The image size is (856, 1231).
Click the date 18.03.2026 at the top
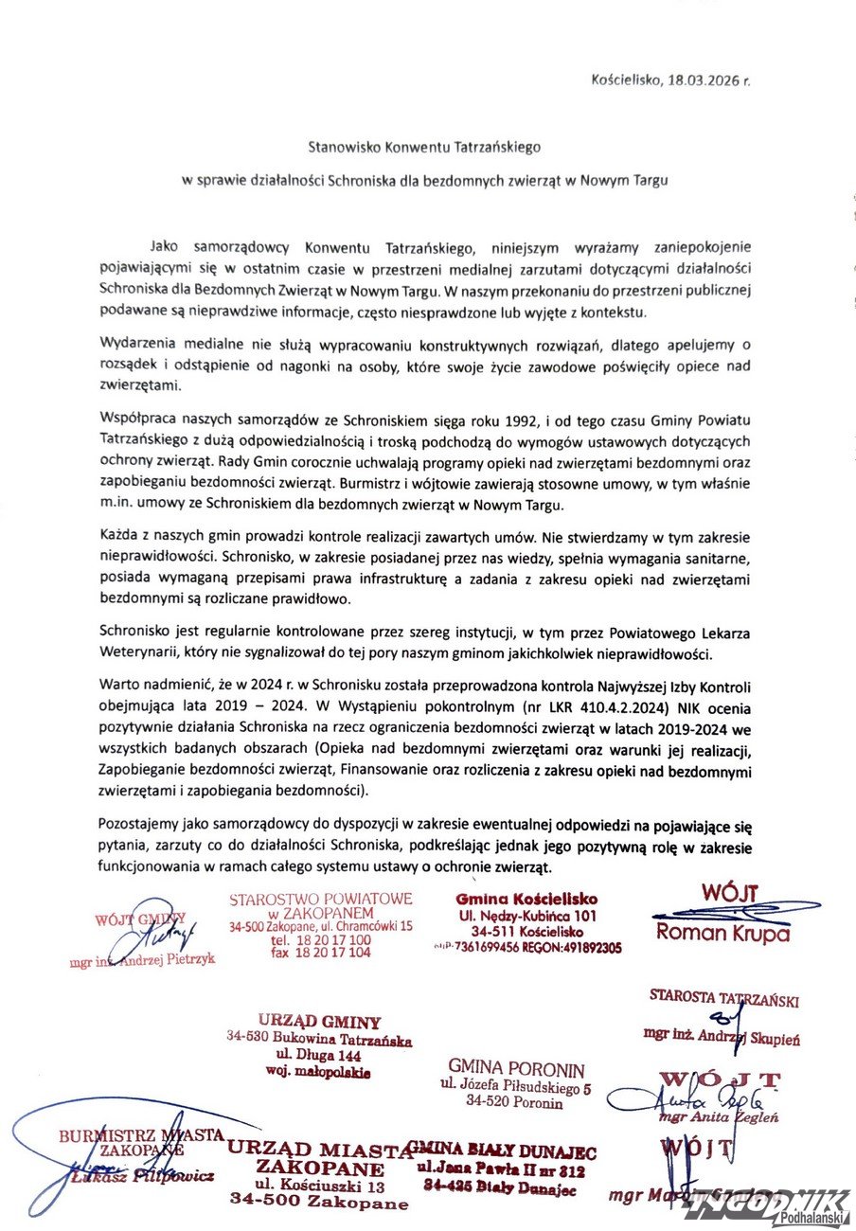tap(703, 81)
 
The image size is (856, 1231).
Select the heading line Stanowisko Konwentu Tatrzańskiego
tap(424, 148)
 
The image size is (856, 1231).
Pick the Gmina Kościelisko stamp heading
tap(527, 899)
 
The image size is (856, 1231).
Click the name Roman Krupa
tap(722, 933)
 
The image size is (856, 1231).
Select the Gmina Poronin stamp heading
tap(514, 1065)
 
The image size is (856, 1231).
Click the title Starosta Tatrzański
tap(723, 997)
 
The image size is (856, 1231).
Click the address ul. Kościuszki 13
tap(319, 1186)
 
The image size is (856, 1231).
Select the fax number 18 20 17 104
tap(320, 954)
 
